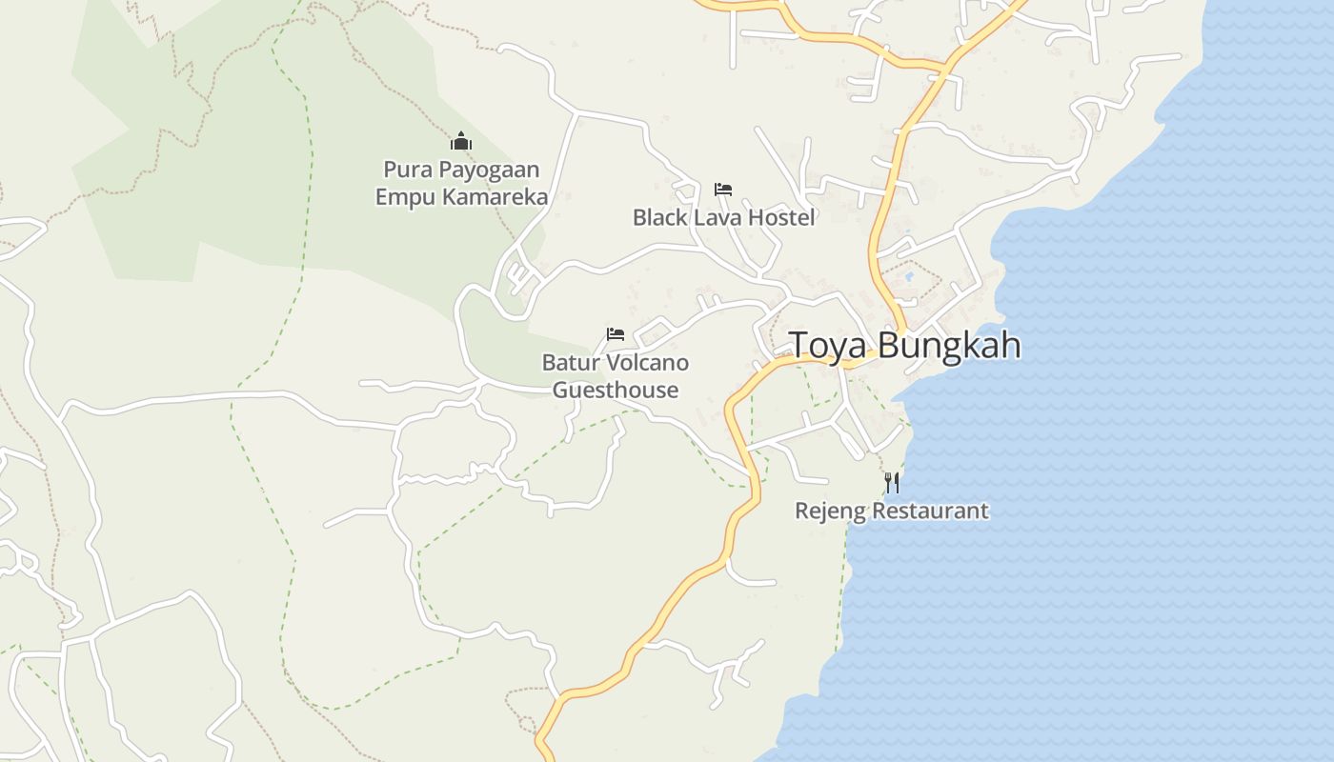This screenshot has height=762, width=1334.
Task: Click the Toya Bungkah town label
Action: click(905, 345)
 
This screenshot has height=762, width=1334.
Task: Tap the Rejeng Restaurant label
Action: click(892, 511)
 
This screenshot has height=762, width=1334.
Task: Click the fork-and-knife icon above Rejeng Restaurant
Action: click(892, 482)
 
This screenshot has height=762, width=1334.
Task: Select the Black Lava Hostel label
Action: click(723, 217)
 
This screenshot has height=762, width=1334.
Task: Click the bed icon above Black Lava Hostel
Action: click(723, 190)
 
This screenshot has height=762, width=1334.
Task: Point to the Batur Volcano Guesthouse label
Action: click(616, 376)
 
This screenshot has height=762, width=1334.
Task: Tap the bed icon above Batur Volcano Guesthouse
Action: click(616, 334)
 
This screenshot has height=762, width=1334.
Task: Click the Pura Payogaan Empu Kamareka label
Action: click(461, 183)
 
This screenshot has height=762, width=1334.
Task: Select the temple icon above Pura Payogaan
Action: click(461, 143)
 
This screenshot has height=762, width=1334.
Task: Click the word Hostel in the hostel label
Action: click(781, 217)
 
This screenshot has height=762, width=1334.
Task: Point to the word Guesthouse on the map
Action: click(616, 390)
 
